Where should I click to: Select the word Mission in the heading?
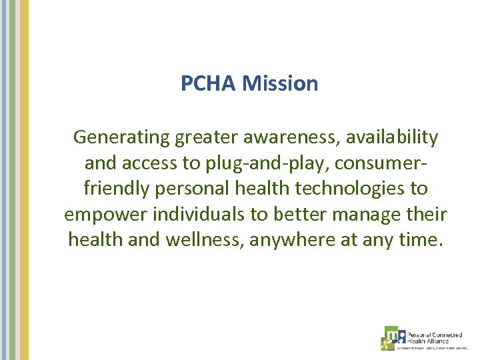(x=280, y=84)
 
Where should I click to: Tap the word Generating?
(x=122, y=138)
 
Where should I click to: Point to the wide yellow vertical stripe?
(x=24, y=180)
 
